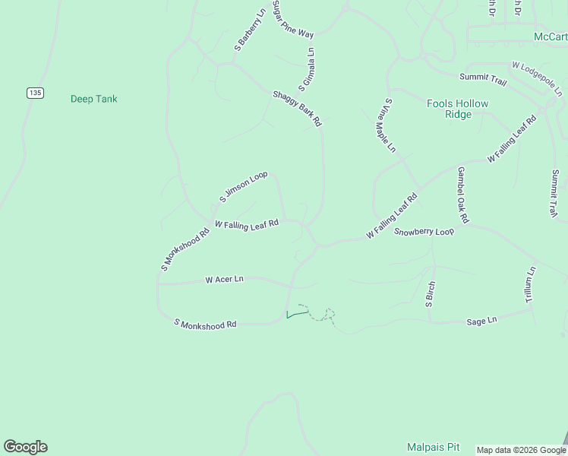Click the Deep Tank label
pos(93,99)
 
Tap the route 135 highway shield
pos(35,93)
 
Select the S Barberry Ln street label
pos(250,31)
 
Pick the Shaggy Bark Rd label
pos(297,108)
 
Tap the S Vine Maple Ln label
pos(390,125)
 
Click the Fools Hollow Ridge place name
pos(458,109)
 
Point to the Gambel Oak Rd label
pos(462,195)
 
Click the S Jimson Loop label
pos(243,186)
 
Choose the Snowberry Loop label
pos(424,231)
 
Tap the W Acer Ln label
pos(224,280)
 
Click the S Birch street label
pos(429,294)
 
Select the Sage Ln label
pos(481,321)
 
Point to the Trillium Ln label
pos(531,285)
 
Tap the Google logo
pos(26,447)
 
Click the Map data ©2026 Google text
pos(521,450)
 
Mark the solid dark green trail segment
pos(297,313)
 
